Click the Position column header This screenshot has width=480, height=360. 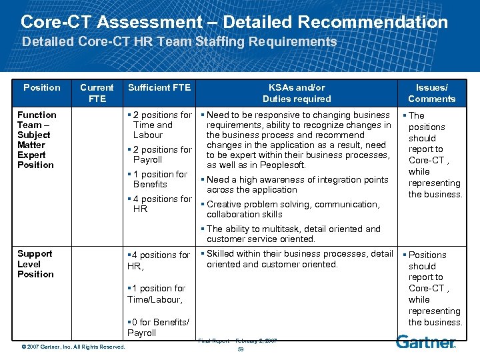coord(41,87)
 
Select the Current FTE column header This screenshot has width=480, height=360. coord(97,93)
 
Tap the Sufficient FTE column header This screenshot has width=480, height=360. coord(159,87)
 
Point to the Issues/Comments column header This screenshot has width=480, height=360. coord(431,93)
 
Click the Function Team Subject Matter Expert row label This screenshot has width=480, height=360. coord(37,139)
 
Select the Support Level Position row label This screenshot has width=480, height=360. coord(35,263)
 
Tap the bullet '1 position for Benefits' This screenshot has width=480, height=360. coord(160,179)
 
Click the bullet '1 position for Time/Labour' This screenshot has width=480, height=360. coord(157,294)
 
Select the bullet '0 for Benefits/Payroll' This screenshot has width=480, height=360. coord(159,327)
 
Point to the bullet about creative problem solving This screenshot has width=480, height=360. coord(293,209)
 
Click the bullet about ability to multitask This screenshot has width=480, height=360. coord(293,233)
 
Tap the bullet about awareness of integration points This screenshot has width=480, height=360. coord(297,185)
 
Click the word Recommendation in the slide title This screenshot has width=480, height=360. coord(373,21)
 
